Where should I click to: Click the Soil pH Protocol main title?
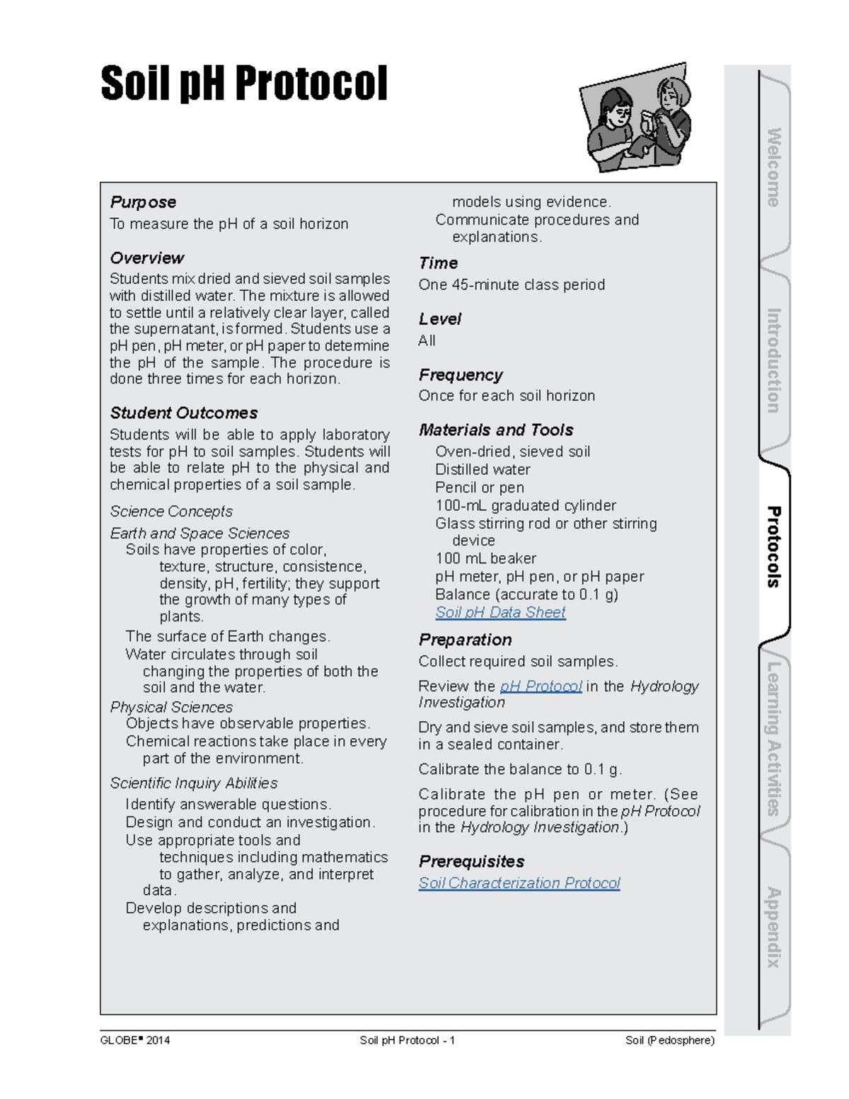tap(244, 84)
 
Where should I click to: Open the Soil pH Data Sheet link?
tap(500, 613)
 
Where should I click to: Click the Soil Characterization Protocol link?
tap(519, 883)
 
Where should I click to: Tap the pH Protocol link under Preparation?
tap(541, 686)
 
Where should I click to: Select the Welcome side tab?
tap(774, 168)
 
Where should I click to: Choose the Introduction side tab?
tap(774, 360)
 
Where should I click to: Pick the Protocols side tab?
tap(774, 546)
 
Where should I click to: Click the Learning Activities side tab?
tap(774, 738)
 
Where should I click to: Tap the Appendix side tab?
tap(774, 927)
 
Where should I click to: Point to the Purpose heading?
tap(143, 202)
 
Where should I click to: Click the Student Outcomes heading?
tap(184, 413)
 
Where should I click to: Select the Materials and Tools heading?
tap(496, 430)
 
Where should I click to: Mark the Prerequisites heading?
tap(471, 862)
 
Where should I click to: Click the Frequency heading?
tap(461, 375)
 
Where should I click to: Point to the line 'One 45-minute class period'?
tap(512, 285)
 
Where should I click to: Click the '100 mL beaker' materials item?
tap(485, 559)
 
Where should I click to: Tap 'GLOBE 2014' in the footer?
tap(135, 1040)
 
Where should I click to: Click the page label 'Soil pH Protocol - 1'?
tap(407, 1040)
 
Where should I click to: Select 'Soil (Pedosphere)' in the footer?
tap(669, 1040)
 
